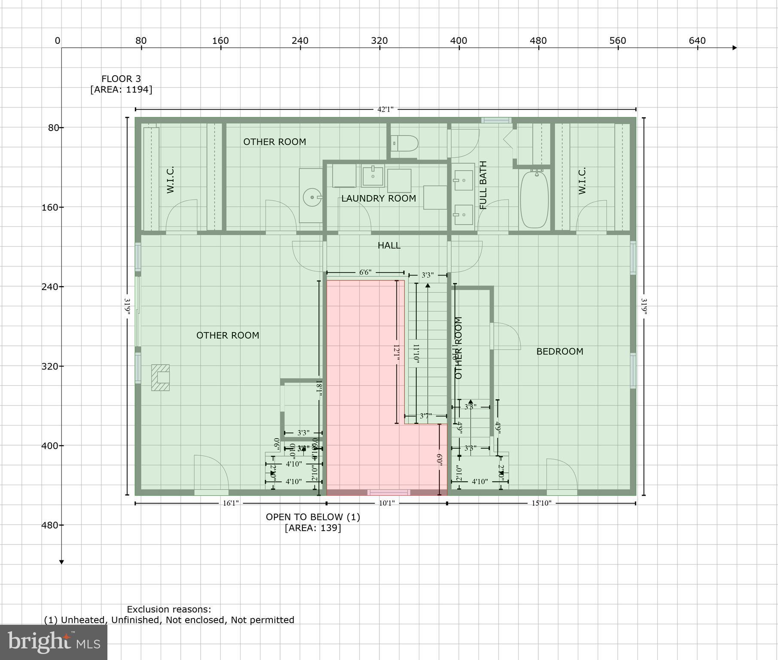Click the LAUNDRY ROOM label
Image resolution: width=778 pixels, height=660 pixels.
point(378,199)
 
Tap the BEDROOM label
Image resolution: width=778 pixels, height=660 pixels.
point(559,351)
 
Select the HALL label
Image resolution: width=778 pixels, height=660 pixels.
point(389,245)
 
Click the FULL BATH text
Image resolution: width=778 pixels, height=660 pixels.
point(483,185)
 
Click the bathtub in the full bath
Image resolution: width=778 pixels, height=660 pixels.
point(534,199)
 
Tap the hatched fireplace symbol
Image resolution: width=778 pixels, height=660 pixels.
point(160,378)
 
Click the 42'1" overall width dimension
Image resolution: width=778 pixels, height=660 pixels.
point(385,109)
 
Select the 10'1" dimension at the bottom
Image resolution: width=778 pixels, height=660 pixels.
point(386,503)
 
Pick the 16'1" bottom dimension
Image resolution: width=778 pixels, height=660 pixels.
point(230,503)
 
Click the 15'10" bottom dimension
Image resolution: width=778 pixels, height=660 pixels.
point(541,503)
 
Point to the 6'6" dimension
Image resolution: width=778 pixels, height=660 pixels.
point(365,272)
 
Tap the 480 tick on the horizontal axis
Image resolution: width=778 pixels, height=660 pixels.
point(538,41)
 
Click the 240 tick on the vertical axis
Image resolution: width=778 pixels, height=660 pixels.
point(51,287)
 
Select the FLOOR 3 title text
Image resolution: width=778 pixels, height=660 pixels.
point(121,79)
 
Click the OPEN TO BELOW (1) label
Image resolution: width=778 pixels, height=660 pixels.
point(313,517)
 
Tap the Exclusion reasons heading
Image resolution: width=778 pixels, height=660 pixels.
point(169,609)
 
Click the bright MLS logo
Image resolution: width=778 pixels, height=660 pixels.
point(54,642)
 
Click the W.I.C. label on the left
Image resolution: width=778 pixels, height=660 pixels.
point(171,180)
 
